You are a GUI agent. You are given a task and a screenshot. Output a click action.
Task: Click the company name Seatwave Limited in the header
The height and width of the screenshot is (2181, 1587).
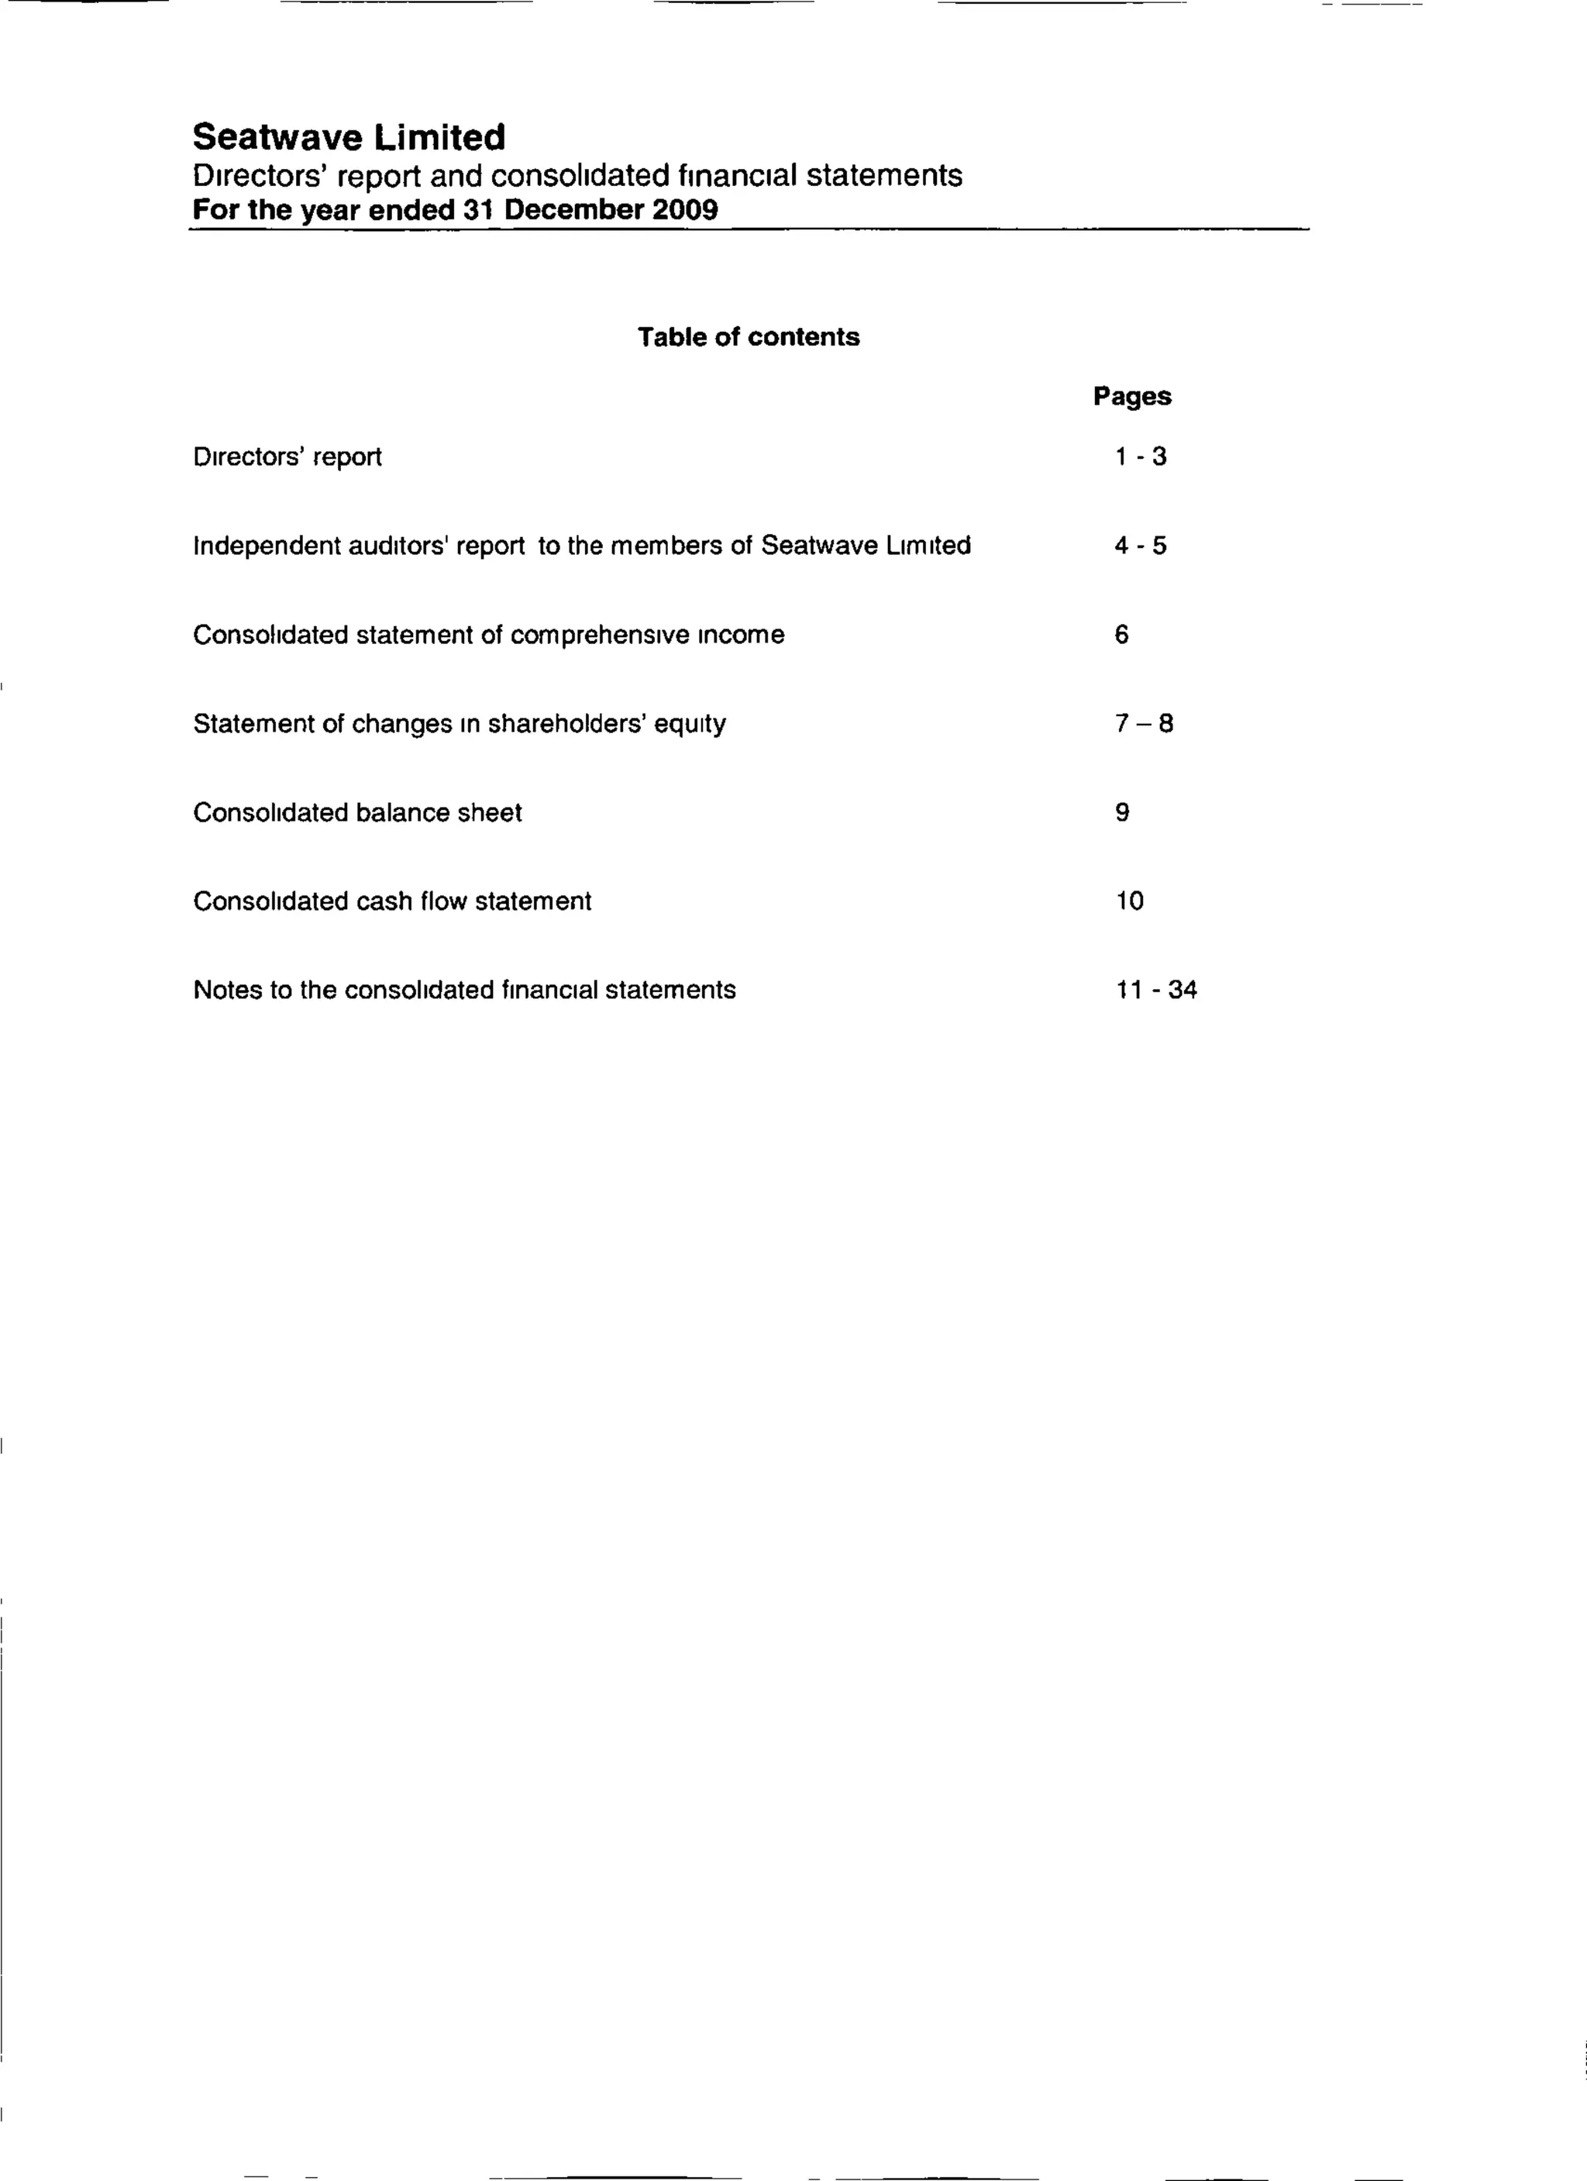point(349,137)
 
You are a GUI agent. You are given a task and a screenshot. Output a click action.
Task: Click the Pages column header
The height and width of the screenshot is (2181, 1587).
point(1131,396)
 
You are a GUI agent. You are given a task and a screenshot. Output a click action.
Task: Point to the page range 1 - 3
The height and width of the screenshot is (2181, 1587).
point(1140,456)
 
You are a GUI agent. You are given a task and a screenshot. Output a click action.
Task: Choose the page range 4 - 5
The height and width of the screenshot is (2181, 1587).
point(1140,546)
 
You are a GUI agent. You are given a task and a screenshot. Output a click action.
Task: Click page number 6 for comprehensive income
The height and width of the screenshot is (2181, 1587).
point(1122,635)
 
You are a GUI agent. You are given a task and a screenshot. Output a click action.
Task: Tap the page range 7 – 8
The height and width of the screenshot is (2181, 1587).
point(1144,723)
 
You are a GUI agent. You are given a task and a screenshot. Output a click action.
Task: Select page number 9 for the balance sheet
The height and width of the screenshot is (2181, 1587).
point(1122,812)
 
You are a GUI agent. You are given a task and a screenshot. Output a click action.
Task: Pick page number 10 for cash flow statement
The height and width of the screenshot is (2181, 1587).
point(1130,901)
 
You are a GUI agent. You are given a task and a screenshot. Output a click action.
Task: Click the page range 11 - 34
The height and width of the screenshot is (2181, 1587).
point(1156,990)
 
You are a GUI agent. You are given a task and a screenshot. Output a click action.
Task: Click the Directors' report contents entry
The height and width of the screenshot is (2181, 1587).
point(287,457)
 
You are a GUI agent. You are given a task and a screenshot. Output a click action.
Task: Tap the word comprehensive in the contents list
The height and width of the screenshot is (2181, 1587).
point(600,636)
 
